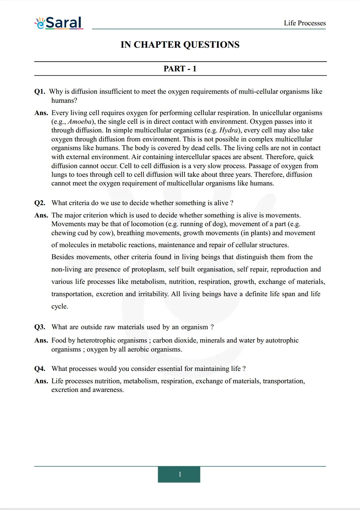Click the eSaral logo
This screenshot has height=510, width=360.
(59, 23)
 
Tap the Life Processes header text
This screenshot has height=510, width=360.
(305, 23)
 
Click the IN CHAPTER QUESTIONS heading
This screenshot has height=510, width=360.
(180, 45)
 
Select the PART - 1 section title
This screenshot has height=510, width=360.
(180, 69)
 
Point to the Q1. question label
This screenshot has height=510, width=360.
(40, 92)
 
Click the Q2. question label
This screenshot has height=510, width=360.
(40, 203)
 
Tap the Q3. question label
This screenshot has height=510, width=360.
(40, 327)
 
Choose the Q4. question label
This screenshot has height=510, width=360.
(40, 369)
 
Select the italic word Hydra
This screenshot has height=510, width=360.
(229, 130)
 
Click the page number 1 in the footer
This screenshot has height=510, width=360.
(179, 474)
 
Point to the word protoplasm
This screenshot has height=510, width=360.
(148, 270)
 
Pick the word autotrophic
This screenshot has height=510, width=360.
(282, 341)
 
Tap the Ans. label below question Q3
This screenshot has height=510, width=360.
(41, 341)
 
